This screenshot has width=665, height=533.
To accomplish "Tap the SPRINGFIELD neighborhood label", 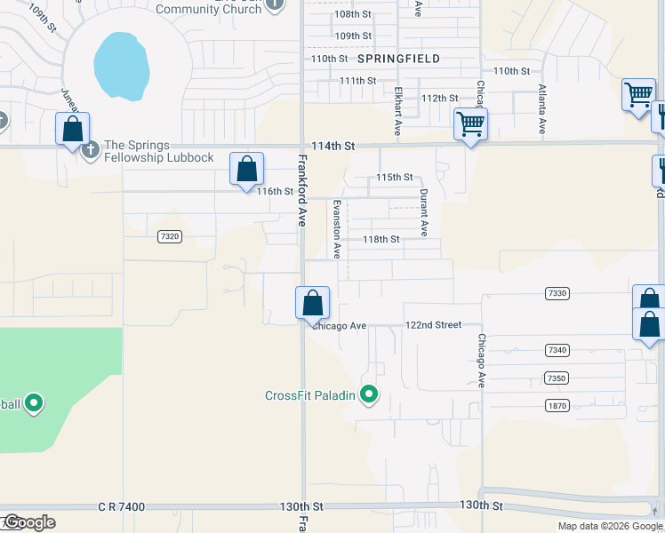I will tap(399, 58).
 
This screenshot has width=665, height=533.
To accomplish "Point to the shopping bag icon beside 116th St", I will tap(246, 169).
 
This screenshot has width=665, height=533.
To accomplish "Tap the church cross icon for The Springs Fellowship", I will tap(90, 149).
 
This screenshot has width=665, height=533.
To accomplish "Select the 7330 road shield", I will tap(557, 293).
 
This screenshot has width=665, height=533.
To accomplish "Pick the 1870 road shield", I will tap(557, 405).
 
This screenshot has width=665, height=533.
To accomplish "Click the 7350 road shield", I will tap(557, 378).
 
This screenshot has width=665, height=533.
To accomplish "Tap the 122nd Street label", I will tap(433, 325).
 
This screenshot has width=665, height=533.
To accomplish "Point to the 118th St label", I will tap(381, 240).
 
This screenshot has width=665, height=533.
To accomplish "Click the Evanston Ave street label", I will tap(337, 228).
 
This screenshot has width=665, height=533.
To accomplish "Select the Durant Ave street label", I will tap(424, 212).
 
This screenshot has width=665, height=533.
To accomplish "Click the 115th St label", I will tap(394, 178).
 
